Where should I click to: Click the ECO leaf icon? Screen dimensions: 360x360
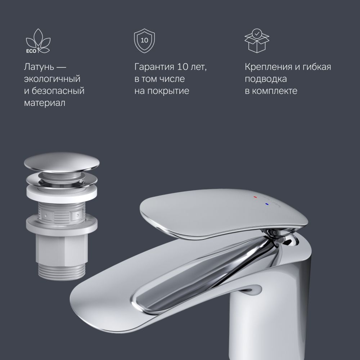click(x=38, y=41)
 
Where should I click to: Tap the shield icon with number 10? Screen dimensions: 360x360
click(x=144, y=41)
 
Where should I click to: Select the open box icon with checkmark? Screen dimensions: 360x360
click(x=257, y=41)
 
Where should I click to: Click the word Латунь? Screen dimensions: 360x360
click(x=39, y=67)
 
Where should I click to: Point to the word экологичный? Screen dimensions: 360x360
click(x=52, y=79)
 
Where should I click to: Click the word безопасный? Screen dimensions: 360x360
click(x=58, y=91)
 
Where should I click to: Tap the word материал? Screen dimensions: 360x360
click(x=45, y=103)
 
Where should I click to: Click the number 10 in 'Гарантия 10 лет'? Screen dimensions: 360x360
click(x=182, y=67)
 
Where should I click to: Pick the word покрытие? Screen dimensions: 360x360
click(x=168, y=91)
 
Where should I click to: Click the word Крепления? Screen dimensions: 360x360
click(x=268, y=67)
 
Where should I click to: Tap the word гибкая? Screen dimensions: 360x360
click(x=316, y=67)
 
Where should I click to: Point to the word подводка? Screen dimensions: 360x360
click(x=266, y=79)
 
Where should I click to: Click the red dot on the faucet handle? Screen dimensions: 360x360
click(x=255, y=197)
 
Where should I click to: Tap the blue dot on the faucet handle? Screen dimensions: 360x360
click(x=266, y=204)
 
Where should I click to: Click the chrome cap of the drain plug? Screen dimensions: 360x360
click(x=62, y=162)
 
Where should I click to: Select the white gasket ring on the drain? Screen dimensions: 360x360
click(x=62, y=194)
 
